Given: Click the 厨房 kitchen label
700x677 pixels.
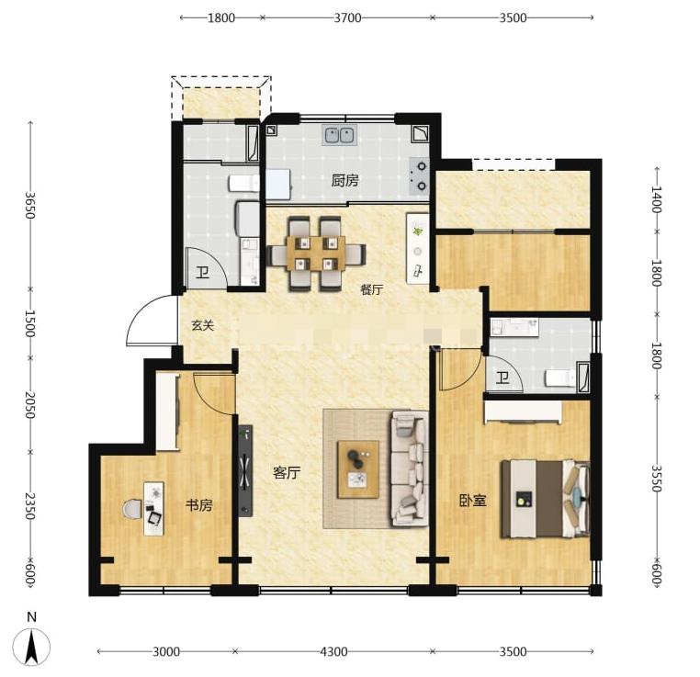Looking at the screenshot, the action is click(345, 181).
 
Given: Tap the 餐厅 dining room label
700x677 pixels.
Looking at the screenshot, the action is click(372, 289).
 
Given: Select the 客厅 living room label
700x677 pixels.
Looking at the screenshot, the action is click(287, 472).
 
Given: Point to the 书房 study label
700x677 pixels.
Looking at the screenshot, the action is click(199, 505).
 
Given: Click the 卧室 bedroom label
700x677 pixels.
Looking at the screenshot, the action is click(473, 501).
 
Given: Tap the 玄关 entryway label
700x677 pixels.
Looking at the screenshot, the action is click(203, 325).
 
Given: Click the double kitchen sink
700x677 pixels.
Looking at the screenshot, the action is click(340, 135).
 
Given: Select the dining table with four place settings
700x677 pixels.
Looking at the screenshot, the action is click(316, 254).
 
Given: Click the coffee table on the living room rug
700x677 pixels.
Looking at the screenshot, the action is click(358, 469).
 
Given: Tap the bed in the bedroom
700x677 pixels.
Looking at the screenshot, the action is click(546, 499).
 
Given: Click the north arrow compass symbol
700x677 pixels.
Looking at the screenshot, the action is click(31, 647).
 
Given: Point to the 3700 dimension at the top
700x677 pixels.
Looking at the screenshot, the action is click(347, 17).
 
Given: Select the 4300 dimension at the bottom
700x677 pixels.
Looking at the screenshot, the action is click(333, 651).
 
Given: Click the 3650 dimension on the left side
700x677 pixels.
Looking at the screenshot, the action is click(30, 205).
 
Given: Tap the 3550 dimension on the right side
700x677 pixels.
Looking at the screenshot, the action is click(656, 478).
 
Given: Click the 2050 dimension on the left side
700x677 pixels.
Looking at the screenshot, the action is click(30, 405).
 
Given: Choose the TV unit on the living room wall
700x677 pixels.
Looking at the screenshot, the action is click(245, 471).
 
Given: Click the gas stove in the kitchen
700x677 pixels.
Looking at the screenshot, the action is click(420, 176).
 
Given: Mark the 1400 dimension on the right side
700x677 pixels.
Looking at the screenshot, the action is click(656, 199).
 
